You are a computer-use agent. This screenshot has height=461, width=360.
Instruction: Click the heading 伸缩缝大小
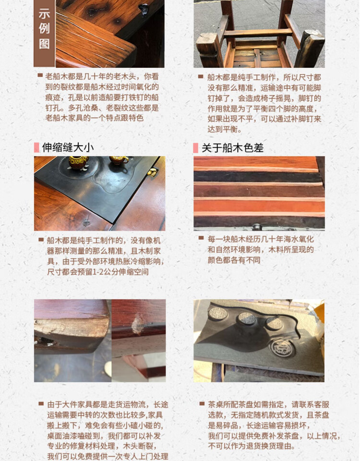pyautogui.click(x=68, y=147)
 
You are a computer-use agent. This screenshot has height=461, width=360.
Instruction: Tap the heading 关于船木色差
pyautogui.click(x=232, y=148)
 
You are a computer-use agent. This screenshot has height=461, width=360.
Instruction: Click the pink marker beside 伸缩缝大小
pyautogui.click(x=36, y=147)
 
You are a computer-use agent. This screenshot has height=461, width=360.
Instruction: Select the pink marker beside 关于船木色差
pyautogui.click(x=196, y=148)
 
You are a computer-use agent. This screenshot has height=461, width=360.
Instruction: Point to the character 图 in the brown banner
pyautogui.click(x=44, y=44)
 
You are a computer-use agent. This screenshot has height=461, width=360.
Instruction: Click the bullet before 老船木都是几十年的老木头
pyautogui.click(x=40, y=75)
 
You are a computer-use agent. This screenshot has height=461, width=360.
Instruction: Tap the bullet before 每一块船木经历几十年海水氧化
pyautogui.click(x=201, y=238)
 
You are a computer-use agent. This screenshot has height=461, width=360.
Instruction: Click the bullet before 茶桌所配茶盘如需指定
pyautogui.click(x=202, y=403)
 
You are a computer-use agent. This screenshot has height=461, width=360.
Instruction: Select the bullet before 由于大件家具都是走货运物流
pyautogui.click(x=41, y=404)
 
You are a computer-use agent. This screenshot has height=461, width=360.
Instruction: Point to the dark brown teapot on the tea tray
pyautogui.click(x=78, y=163)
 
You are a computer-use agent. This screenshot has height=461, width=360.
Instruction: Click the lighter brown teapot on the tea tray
pyautogui.click(x=119, y=160)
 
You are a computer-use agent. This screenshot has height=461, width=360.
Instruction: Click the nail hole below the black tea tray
pyautogui.click(x=86, y=221)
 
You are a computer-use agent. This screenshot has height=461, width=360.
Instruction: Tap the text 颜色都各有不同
pyautogui.click(x=234, y=260)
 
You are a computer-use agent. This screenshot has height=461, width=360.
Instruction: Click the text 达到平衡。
pyautogui.click(x=225, y=129)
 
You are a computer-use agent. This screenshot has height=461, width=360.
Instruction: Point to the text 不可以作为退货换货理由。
pyautogui.click(x=251, y=446)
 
